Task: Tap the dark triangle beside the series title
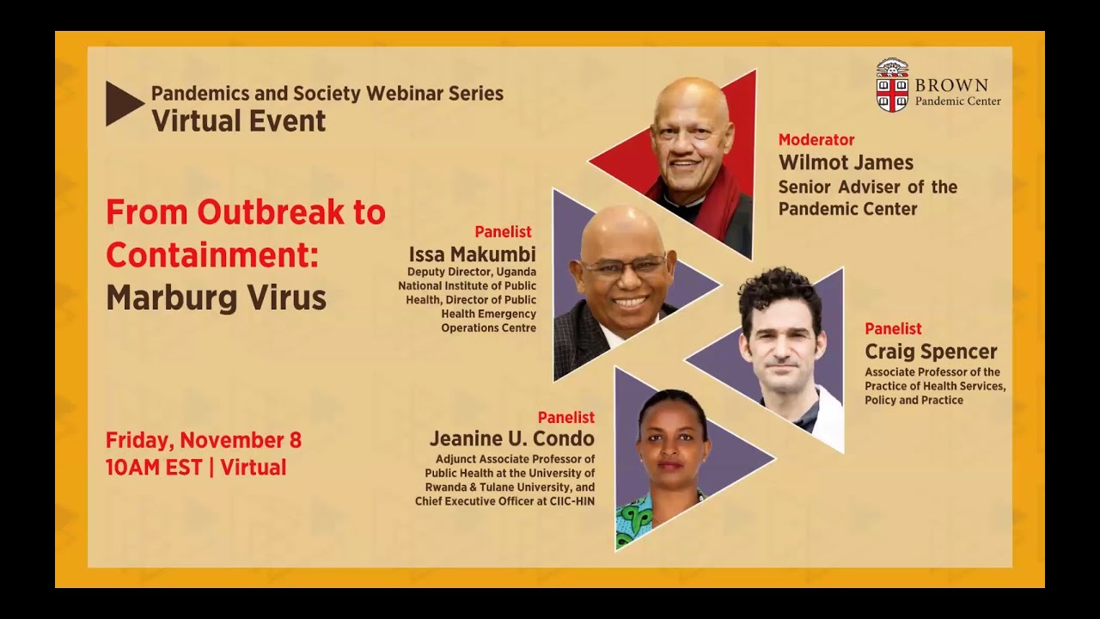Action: [121, 104]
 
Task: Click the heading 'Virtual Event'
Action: [239, 121]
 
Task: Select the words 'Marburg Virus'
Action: [216, 297]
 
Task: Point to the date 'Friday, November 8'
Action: [204, 440]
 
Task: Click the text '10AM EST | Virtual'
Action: [196, 467]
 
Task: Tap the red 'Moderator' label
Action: [816, 139]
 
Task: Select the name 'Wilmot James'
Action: [846, 162]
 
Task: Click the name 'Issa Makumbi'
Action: [472, 254]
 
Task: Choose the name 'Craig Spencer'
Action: [931, 352]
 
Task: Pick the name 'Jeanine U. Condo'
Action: [512, 438]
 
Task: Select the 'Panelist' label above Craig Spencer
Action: [893, 328]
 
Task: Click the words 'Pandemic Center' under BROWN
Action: [957, 101]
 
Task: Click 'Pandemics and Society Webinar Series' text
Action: [327, 94]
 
